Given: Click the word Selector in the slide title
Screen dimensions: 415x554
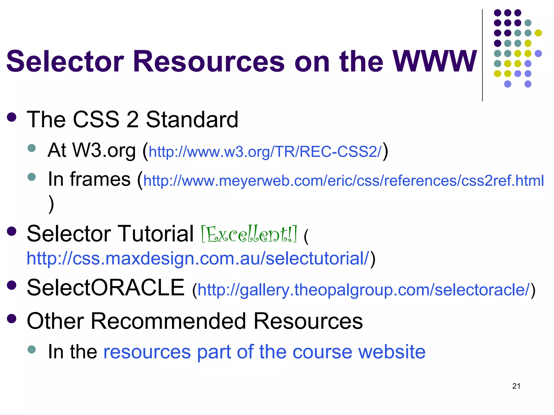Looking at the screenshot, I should (65, 62).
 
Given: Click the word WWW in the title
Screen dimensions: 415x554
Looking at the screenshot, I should (435, 62).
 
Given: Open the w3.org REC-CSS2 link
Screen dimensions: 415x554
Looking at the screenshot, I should (265, 152).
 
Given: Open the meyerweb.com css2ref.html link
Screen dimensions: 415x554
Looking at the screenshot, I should (344, 181).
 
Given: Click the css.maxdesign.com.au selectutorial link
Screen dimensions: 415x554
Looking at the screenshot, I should (198, 259).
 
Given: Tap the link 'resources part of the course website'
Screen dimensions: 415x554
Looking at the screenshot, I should (264, 352).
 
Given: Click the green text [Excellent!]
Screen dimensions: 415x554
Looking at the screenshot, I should (249, 234).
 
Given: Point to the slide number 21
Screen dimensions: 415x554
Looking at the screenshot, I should (516, 386).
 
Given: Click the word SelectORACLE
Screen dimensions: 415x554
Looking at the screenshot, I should (105, 288).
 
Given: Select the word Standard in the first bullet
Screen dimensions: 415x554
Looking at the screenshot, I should (192, 120).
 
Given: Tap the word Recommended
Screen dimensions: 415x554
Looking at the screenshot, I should (168, 321).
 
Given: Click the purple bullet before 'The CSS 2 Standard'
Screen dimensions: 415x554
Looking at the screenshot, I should (12, 117).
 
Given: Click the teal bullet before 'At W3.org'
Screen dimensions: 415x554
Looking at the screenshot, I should (32, 148).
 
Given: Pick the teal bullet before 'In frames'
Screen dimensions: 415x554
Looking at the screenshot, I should (32, 177).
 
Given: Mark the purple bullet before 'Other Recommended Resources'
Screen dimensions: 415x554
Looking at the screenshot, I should (12, 318).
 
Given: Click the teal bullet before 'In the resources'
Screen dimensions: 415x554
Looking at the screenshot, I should (32, 349).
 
